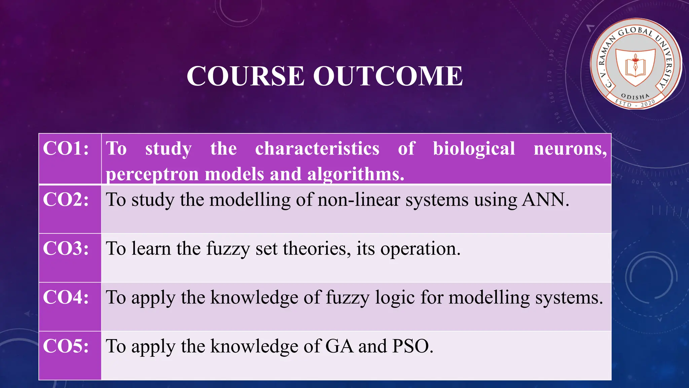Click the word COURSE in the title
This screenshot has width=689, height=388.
(x=246, y=76)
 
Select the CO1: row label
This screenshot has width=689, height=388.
(x=66, y=148)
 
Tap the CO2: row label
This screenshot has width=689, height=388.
(x=66, y=199)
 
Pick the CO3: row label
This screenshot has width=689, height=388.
(x=66, y=248)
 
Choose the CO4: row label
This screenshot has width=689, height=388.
(x=66, y=297)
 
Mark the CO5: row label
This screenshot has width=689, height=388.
(x=66, y=346)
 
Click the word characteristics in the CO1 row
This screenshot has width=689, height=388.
(x=317, y=149)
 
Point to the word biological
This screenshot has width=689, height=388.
(x=474, y=149)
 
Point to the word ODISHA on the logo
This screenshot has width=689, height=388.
(x=635, y=97)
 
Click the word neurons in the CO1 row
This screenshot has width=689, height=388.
(x=570, y=149)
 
